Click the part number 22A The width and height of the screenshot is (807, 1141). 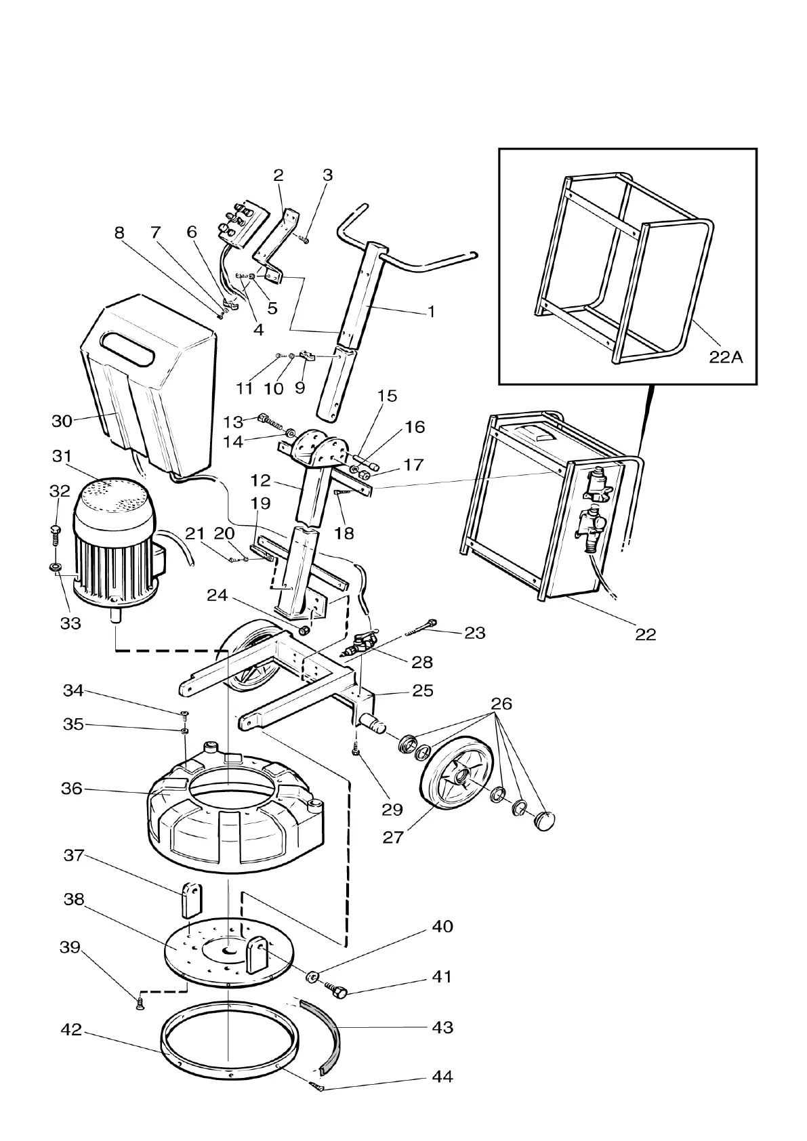pos(726,357)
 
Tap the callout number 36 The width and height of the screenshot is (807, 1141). pos(71,789)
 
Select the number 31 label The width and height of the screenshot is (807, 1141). pos(62,457)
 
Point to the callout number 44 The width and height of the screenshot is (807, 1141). pos(442,1077)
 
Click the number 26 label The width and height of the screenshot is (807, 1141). pos(501,703)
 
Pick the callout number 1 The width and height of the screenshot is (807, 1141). pos(431,312)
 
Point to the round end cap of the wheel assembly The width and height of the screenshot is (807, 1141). pos(546,821)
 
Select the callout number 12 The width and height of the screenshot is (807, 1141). pos(260,481)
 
